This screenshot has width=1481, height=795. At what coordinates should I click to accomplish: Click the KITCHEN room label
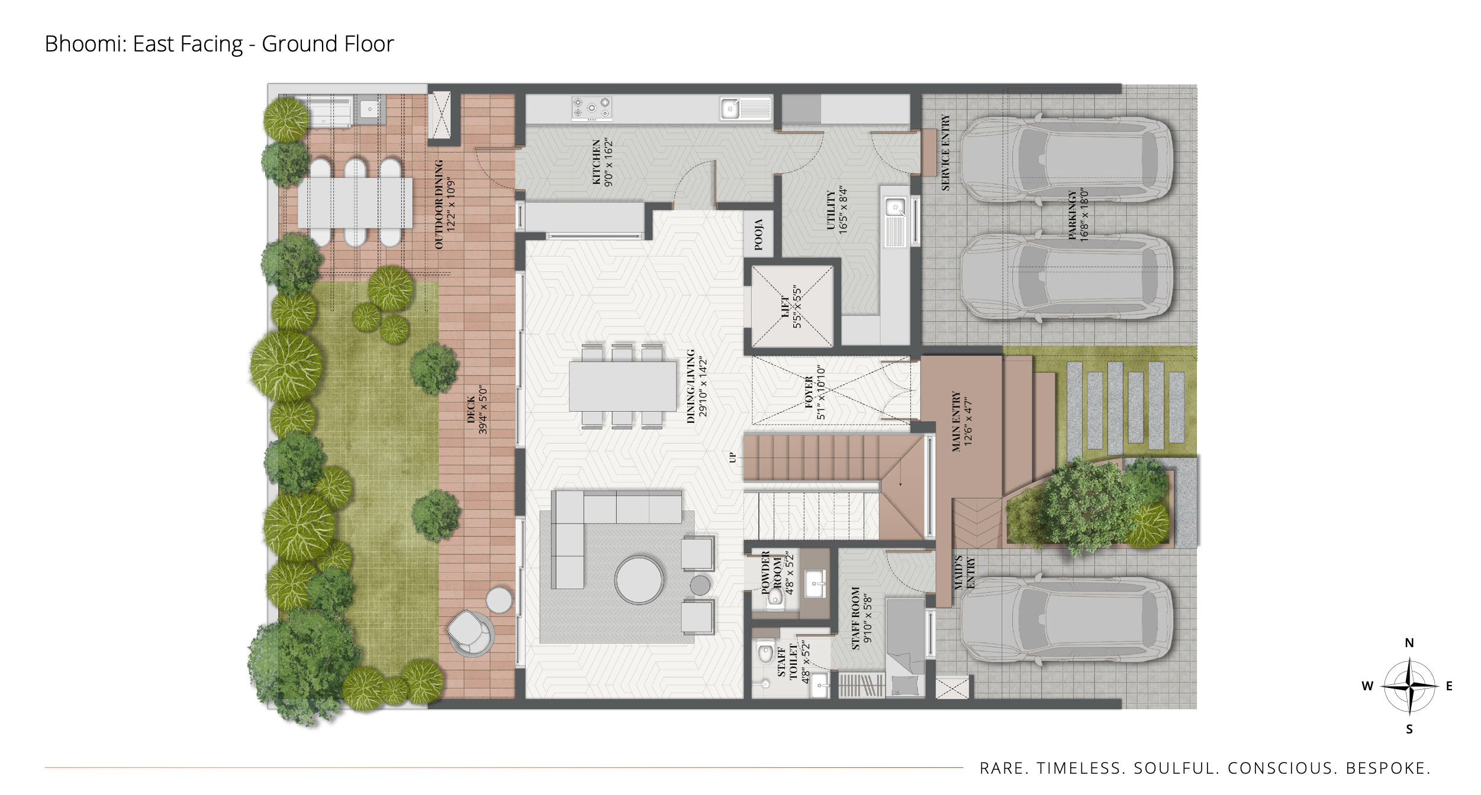click(597, 162)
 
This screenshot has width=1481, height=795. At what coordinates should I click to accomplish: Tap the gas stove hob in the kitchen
click(591, 108)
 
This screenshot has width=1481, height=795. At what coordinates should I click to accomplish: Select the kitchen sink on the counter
click(746, 109)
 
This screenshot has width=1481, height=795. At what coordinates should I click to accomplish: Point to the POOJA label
click(758, 234)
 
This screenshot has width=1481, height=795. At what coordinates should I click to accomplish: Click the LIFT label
click(785, 308)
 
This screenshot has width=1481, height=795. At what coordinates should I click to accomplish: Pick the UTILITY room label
click(831, 210)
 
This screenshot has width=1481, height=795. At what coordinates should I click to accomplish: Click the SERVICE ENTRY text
click(945, 153)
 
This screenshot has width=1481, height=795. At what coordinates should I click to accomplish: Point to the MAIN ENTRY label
click(956, 421)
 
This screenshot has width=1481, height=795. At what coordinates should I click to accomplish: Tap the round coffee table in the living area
click(639, 580)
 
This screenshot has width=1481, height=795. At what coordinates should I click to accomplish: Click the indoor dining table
click(623, 386)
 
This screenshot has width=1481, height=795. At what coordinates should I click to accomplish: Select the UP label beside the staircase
click(733, 457)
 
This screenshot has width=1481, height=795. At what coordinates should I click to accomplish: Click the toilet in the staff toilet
click(765, 652)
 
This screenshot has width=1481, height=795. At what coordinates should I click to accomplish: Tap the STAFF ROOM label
click(855, 618)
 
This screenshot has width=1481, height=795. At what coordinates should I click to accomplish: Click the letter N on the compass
click(1409, 643)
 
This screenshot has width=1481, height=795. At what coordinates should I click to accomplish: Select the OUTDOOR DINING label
click(439, 204)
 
